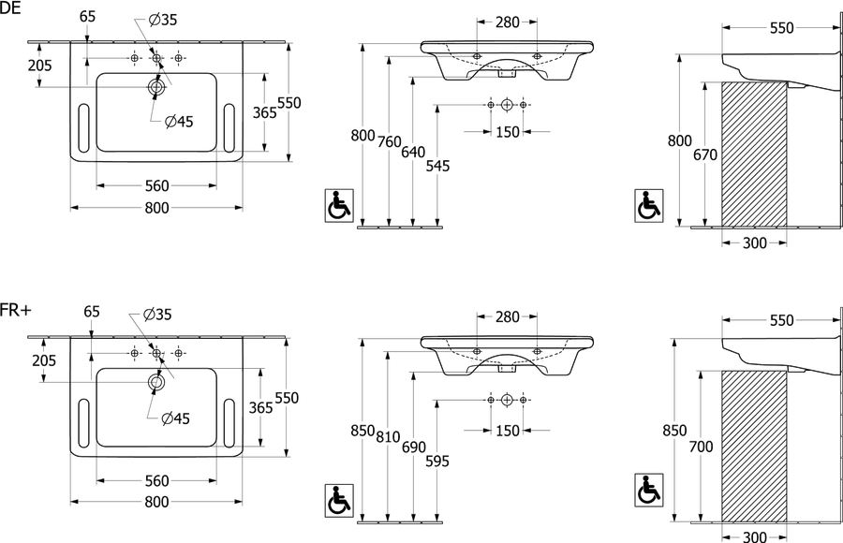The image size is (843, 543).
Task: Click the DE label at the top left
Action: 10,8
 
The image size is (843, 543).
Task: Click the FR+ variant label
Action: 16,310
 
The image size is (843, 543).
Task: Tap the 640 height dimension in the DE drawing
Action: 413,153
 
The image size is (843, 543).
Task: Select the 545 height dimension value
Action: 437,166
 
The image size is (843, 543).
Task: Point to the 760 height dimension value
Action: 389,142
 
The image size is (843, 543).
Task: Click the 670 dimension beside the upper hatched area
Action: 704,154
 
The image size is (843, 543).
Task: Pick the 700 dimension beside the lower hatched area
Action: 701,447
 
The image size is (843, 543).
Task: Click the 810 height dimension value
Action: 388,436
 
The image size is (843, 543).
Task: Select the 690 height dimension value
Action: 413,448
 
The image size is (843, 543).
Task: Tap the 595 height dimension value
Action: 437,461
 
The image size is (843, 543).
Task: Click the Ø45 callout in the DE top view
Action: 179,122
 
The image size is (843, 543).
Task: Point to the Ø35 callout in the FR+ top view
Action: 157,315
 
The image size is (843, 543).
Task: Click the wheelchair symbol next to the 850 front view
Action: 340,500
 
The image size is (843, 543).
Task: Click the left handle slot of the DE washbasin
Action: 84,128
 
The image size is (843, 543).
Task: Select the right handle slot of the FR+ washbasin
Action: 229,423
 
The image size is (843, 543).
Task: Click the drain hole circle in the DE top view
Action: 156,87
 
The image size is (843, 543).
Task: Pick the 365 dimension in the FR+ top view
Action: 260,407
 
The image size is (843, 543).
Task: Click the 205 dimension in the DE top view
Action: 40,66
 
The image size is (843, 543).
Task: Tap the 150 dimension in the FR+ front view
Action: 508,431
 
